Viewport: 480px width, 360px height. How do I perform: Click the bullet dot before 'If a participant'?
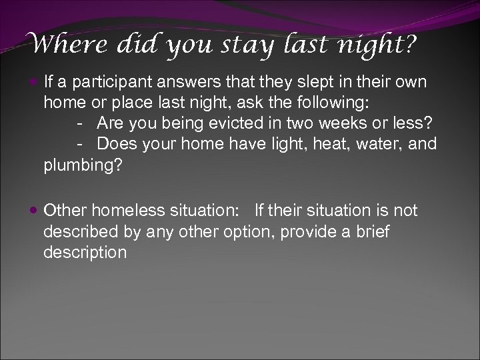tap(35, 84)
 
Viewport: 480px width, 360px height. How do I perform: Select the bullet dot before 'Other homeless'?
tap(35, 212)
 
